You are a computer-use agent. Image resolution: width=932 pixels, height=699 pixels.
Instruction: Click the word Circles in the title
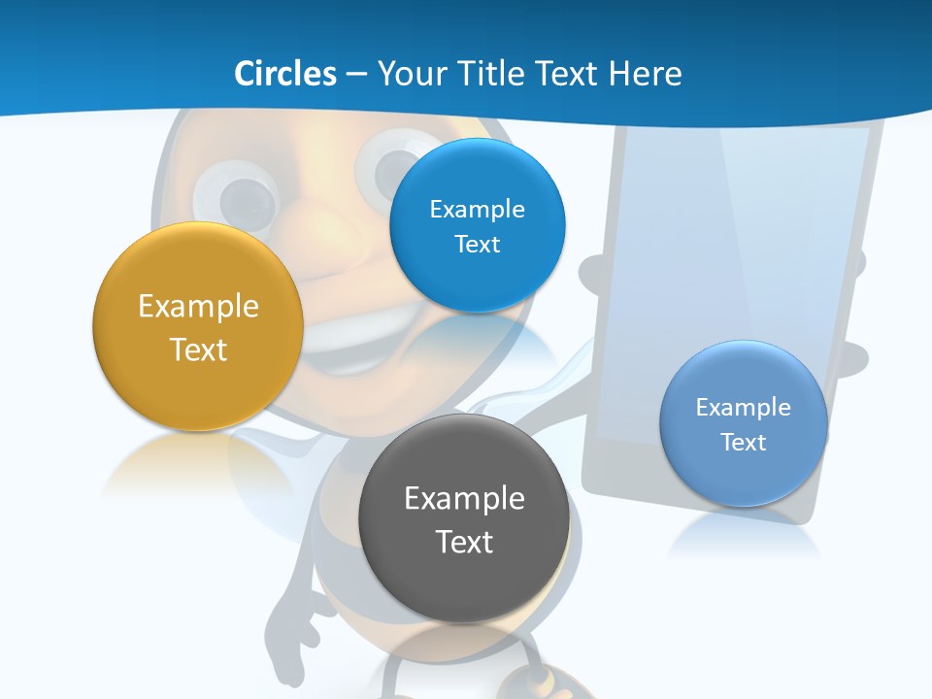285,74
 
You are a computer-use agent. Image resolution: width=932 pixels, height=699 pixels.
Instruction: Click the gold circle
198,383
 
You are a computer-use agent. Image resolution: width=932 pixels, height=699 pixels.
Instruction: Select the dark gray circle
463,582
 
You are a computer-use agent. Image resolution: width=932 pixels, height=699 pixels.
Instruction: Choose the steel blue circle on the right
743,476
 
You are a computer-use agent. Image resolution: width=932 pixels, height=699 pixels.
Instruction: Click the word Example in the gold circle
198,307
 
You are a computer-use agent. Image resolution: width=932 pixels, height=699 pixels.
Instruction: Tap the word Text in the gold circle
198,349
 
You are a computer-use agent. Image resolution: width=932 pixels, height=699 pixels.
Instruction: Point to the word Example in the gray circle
464,499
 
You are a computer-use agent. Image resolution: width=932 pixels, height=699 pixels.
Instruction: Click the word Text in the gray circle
464,542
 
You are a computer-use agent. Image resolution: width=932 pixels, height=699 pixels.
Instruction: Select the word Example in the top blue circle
477,210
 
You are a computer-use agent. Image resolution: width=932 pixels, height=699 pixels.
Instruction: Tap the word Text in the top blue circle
477,245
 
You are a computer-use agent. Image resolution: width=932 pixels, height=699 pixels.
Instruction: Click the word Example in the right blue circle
743,408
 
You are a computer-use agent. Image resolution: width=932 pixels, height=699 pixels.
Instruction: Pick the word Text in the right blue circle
743,443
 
